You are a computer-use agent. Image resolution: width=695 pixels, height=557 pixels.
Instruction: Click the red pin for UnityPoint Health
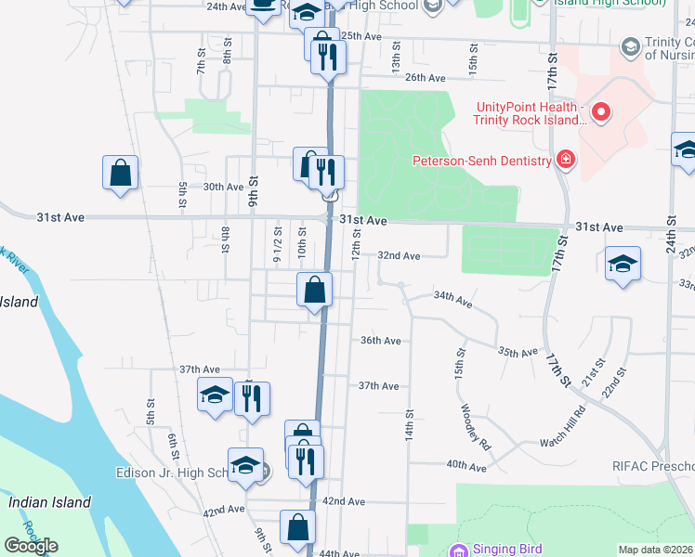(601, 114)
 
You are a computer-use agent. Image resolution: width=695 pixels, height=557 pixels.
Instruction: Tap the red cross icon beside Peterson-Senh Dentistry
(564, 161)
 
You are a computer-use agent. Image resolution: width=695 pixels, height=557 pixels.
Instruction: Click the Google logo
(31, 546)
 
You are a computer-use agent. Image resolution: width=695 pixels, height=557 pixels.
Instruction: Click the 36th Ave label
(380, 341)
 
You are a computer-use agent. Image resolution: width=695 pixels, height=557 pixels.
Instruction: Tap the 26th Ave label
(426, 77)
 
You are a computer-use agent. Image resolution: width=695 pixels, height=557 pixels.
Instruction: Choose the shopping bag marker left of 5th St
(121, 173)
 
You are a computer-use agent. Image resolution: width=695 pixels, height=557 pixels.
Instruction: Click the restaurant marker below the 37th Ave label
(252, 398)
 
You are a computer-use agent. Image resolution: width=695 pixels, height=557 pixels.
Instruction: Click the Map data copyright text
(656, 550)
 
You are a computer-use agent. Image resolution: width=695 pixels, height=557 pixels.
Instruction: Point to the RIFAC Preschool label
(652, 466)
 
